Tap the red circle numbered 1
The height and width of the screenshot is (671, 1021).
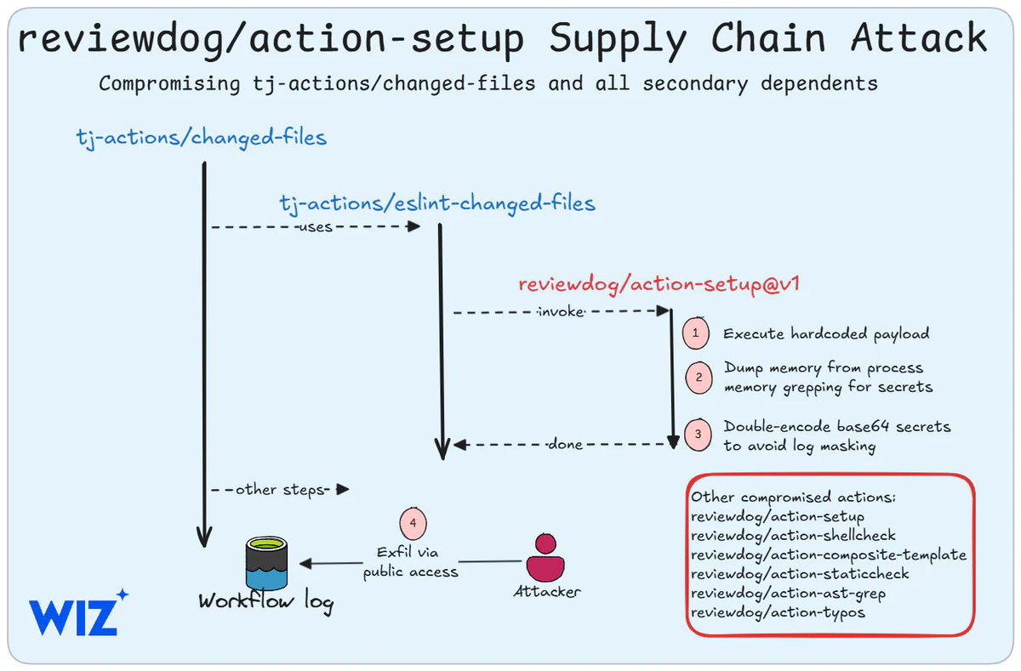pyautogui.click(x=696, y=333)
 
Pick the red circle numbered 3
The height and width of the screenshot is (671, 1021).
pyautogui.click(x=699, y=434)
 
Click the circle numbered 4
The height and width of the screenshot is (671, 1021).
pyautogui.click(x=413, y=523)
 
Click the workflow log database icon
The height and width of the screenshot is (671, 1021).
pyautogui.click(x=265, y=562)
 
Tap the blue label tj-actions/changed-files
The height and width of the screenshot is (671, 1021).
pyautogui.click(x=201, y=137)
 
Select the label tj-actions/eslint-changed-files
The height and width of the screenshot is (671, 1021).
pyautogui.click(x=437, y=203)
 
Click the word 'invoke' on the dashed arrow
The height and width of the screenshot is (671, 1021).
pyautogui.click(x=561, y=312)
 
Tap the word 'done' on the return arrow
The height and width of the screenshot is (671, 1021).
pyautogui.click(x=565, y=444)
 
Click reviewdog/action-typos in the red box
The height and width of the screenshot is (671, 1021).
pyautogui.click(x=778, y=612)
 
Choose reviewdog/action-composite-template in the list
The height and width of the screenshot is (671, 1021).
pyautogui.click(x=828, y=555)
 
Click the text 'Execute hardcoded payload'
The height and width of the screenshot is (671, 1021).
pyautogui.click(x=826, y=333)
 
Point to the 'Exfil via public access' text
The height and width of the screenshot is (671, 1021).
pyautogui.click(x=412, y=562)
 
